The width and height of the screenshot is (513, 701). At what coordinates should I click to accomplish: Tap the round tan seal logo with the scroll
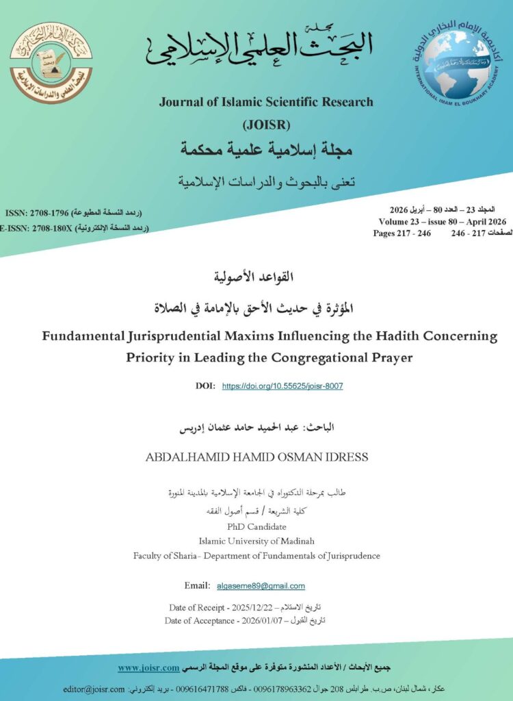click(51, 63)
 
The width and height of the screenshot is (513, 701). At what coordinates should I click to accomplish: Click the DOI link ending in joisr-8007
click(282, 386)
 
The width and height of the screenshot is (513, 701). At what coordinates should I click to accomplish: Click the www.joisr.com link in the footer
click(148, 667)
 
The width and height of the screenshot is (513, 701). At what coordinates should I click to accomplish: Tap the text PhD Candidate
click(256, 527)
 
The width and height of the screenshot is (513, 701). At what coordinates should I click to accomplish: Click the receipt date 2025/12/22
click(256, 608)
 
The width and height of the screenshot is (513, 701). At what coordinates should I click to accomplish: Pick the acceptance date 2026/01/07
click(262, 620)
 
